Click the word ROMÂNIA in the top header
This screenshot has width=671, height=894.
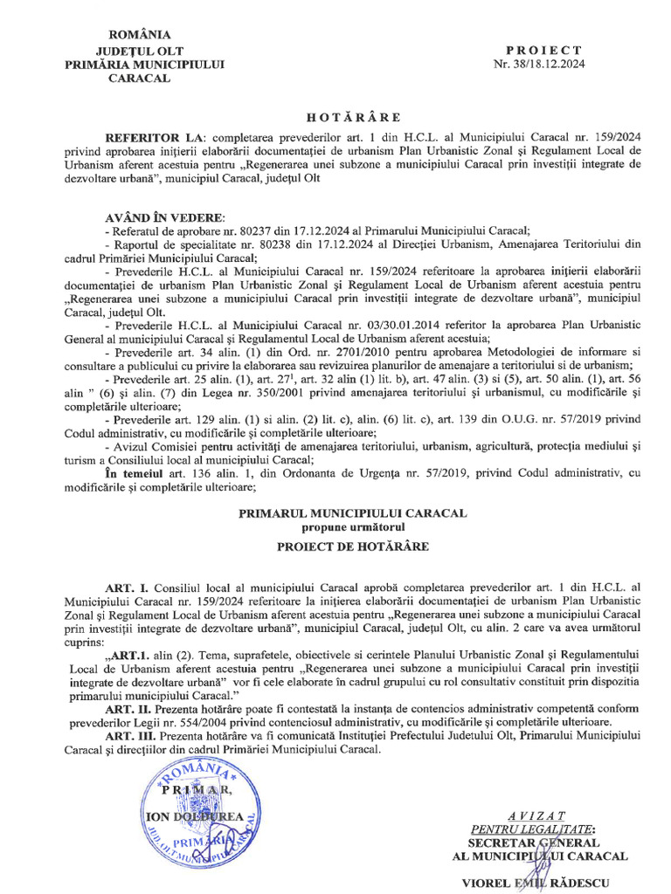pos(134,35)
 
